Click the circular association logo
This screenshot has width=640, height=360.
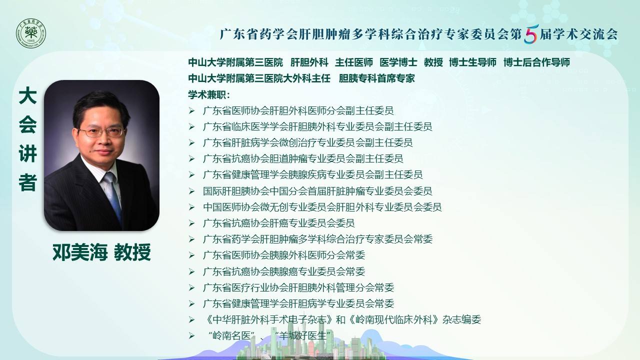pyautogui.click(x=31, y=33)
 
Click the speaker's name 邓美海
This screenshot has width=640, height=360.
pyautogui.click(x=80, y=252)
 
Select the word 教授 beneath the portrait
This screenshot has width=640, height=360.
pyautogui.click(x=132, y=252)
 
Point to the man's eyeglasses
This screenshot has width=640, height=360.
pyautogui.click(x=101, y=132)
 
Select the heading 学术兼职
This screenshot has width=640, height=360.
pyautogui.click(x=209, y=94)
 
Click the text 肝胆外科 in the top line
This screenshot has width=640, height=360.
pyautogui.click(x=309, y=62)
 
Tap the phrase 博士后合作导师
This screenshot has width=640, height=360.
pyautogui.click(x=536, y=62)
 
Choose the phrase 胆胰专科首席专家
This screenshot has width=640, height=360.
pyautogui.click(x=377, y=78)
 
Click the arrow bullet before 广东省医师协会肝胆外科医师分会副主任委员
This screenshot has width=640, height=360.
pyautogui.click(x=191, y=111)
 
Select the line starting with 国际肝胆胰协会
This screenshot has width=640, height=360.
pyautogui.click(x=317, y=191)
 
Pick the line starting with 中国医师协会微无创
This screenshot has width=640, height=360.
pyautogui.click(x=322, y=207)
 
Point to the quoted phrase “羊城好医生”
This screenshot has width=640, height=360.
pyautogui.click(x=302, y=335)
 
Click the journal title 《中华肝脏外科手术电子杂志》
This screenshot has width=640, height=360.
pyautogui.click(x=268, y=319)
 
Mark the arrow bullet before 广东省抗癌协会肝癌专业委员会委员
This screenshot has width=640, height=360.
pyautogui.click(x=191, y=223)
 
